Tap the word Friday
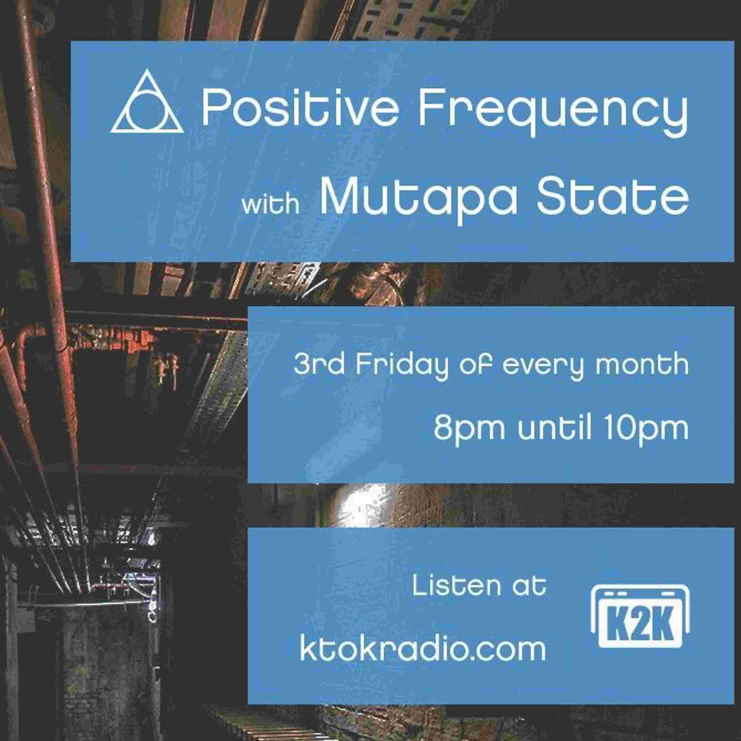[x=402, y=366]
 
